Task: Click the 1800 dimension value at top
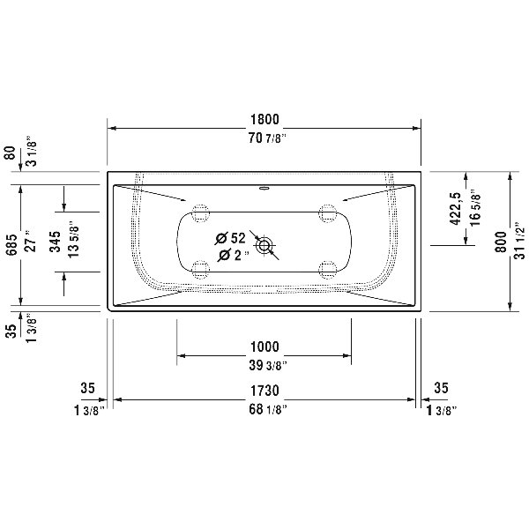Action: [x=264, y=119]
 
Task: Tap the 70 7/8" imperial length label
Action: [x=269, y=138]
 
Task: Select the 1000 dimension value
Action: [x=264, y=346]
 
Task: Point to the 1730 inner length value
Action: [x=264, y=391]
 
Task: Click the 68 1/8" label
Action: [x=268, y=410]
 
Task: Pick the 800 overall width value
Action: [x=502, y=242]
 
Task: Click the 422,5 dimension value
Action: [x=455, y=208]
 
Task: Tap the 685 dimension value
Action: [x=11, y=244]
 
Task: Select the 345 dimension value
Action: [x=55, y=242]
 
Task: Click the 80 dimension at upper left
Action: [x=11, y=153]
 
